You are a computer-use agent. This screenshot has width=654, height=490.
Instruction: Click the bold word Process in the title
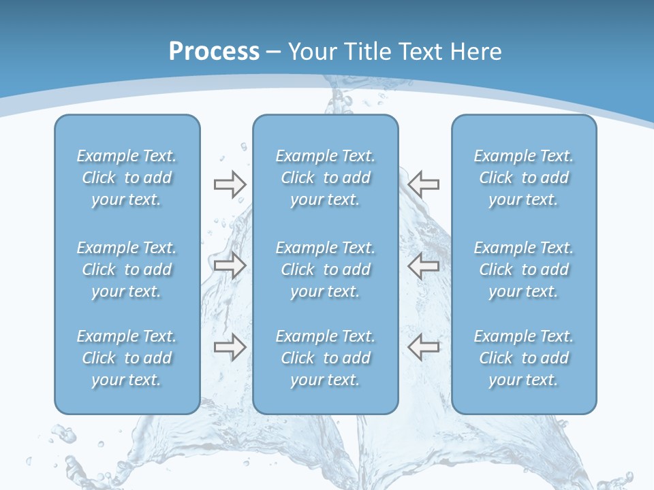214,51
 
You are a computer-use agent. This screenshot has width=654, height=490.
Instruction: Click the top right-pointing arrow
230,184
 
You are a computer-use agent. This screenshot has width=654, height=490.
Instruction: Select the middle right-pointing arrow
230,265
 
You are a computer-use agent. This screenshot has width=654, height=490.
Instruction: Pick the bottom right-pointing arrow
230,348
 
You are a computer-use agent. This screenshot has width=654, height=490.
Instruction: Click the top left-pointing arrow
424,184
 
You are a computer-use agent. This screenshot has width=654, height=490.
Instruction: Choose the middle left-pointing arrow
424,265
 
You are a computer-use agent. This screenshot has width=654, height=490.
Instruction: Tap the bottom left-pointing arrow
424,348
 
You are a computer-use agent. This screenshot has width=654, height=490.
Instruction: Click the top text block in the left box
127,178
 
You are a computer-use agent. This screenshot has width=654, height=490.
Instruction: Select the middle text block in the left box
127,269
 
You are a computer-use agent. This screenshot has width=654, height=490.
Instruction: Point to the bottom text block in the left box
127,358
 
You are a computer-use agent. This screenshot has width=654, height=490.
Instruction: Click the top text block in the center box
326,178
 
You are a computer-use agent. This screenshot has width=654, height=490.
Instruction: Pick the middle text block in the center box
326,269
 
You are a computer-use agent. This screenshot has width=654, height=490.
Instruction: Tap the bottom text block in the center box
326,358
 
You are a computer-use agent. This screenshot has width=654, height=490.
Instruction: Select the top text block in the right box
524,178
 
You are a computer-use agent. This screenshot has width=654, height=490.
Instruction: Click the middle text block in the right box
524,269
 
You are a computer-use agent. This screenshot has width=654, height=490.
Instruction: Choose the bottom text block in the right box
524,358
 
